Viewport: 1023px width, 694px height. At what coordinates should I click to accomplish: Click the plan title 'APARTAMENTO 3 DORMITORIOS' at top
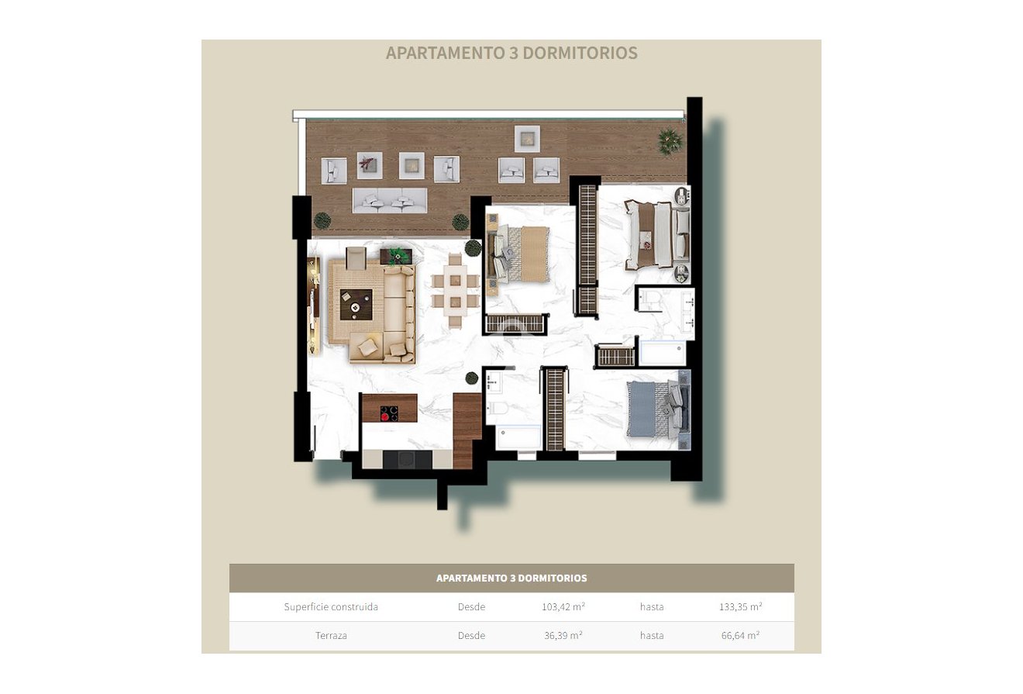(x=511, y=53)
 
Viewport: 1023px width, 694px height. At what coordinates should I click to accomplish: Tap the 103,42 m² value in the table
(x=563, y=607)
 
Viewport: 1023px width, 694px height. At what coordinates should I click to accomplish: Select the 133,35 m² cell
(x=740, y=607)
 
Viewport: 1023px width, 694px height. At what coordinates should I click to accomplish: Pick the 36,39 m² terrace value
(x=563, y=636)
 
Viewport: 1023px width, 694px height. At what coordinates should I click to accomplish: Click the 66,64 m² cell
(x=740, y=636)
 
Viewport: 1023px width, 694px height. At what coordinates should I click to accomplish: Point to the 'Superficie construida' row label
(x=331, y=607)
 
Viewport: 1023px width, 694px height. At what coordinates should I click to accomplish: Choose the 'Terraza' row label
(x=331, y=636)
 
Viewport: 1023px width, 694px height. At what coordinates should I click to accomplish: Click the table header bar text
(x=511, y=578)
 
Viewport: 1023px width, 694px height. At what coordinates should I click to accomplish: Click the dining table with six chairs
(x=455, y=290)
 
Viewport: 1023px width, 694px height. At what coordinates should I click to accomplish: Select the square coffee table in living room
(x=356, y=305)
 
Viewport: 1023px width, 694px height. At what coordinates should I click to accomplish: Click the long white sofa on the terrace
(x=389, y=200)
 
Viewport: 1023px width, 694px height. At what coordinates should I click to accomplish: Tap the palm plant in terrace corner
(x=669, y=141)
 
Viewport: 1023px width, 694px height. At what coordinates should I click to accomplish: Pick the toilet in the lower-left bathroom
(x=495, y=409)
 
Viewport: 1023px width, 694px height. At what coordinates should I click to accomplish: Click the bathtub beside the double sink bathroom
(x=663, y=353)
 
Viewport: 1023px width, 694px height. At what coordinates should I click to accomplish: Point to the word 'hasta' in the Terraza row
(x=652, y=636)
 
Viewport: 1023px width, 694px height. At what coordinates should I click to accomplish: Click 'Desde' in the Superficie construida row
(x=471, y=607)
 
